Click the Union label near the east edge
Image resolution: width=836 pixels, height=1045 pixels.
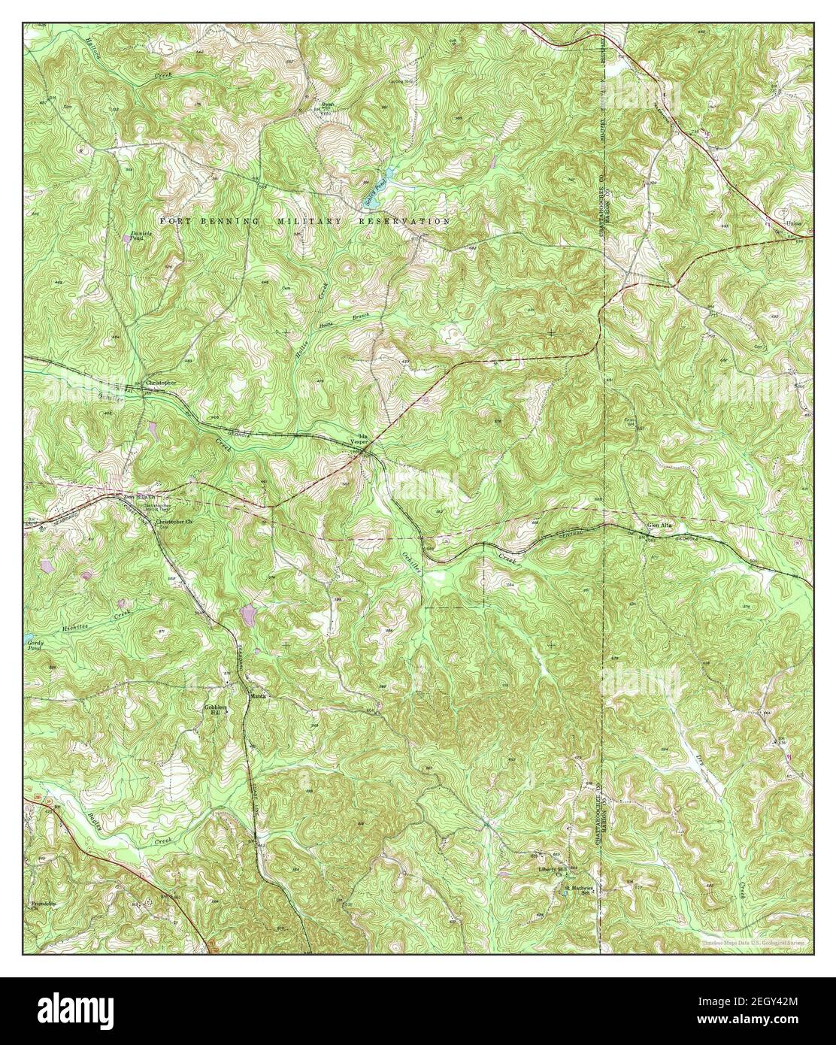(x=792, y=224)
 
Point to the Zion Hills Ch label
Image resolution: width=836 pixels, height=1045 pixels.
(x=138, y=497)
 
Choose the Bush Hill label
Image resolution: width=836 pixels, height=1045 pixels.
(x=328, y=106)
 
